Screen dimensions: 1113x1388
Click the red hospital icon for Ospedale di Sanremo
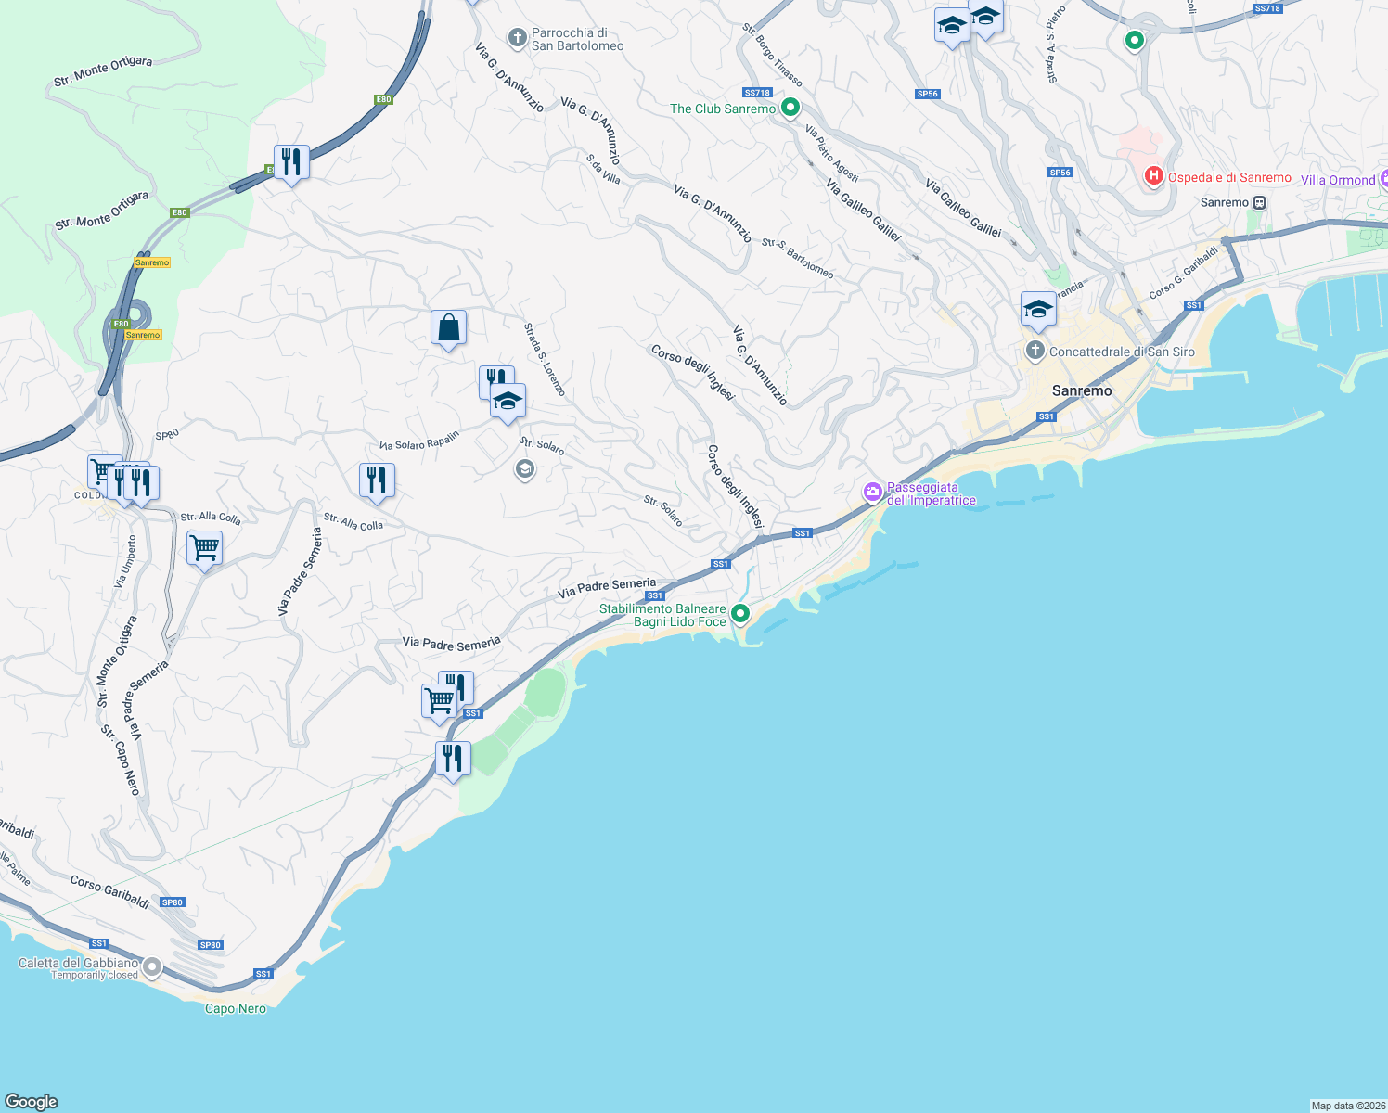pyautogui.click(x=1153, y=175)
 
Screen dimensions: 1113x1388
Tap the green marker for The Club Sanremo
pyautogui.click(x=790, y=108)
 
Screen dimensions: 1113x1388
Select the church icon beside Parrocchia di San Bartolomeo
pyautogui.click(x=517, y=38)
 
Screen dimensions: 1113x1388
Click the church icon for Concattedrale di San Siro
pyautogui.click(x=1035, y=351)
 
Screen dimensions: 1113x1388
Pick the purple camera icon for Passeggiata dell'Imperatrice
pyautogui.click(x=872, y=493)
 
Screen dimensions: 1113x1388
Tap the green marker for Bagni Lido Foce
pyautogui.click(x=739, y=613)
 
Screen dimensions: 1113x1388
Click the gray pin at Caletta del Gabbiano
pyautogui.click(x=151, y=967)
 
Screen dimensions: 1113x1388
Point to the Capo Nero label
pyautogui.click(x=235, y=1008)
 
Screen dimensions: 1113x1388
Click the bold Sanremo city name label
pyautogui.click(x=1081, y=390)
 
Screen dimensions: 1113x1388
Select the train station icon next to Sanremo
pyautogui.click(x=1259, y=202)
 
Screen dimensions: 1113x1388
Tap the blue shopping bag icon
pyautogui.click(x=448, y=328)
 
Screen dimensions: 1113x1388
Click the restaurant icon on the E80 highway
pyautogui.click(x=291, y=162)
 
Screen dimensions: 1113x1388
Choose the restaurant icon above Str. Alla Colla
pyautogui.click(x=377, y=480)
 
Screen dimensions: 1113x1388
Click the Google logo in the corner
pyautogui.click(x=32, y=1101)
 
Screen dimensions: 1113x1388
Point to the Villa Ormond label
pyautogui.click(x=1337, y=180)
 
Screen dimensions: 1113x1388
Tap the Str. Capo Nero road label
pyautogui.click(x=121, y=760)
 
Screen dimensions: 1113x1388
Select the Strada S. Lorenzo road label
pyautogui.click(x=544, y=359)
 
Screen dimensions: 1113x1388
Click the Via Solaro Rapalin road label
pyautogui.click(x=419, y=441)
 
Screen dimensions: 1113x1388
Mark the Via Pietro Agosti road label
pyautogui.click(x=831, y=153)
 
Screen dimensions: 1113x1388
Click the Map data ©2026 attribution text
pyautogui.click(x=1347, y=1105)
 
